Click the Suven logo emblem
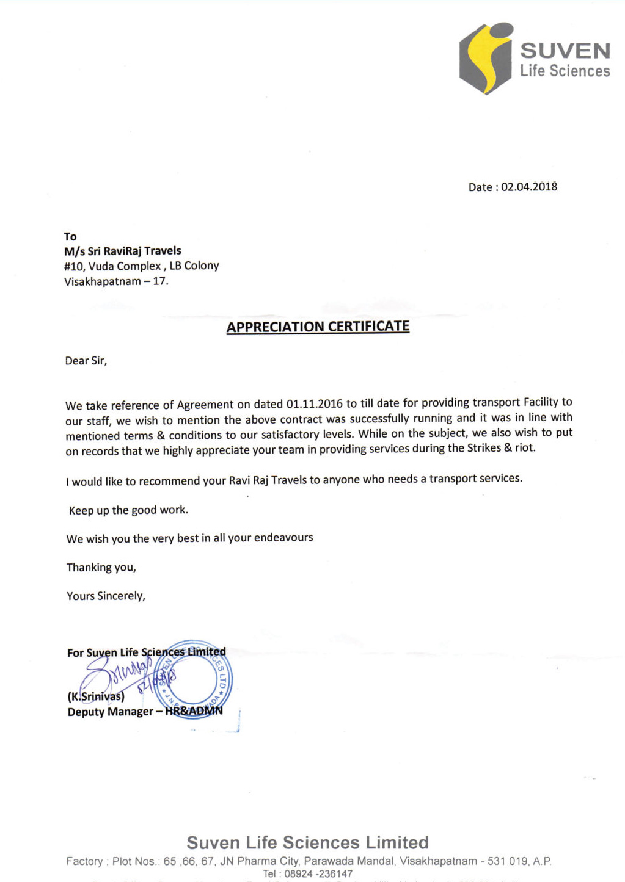486,59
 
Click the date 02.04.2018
529,187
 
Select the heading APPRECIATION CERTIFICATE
318,327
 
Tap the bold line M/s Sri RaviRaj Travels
123,251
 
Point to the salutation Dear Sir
86,361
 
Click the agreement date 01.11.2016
314,404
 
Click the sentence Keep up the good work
128,510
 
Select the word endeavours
283,538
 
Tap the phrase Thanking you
101,568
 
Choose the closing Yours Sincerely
106,596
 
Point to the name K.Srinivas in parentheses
96,696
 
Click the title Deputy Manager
111,712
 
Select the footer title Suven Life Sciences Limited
307,843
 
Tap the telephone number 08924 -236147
318,873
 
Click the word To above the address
70,236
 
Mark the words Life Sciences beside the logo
565,71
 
